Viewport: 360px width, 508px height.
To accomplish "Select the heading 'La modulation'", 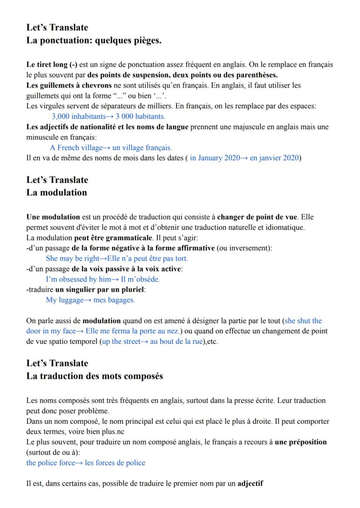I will (57, 193).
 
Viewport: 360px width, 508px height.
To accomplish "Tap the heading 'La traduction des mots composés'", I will (95, 376).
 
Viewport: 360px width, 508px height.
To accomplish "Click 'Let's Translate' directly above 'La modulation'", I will (57, 179).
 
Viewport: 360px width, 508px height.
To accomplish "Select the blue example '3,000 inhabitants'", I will (78, 116).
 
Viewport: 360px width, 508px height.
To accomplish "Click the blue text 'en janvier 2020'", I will (277, 157).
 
